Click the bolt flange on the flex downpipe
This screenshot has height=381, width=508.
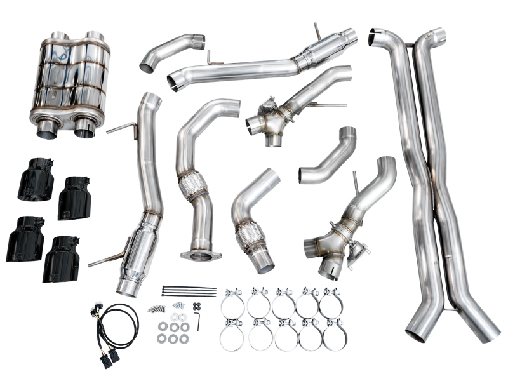click(201, 255)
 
